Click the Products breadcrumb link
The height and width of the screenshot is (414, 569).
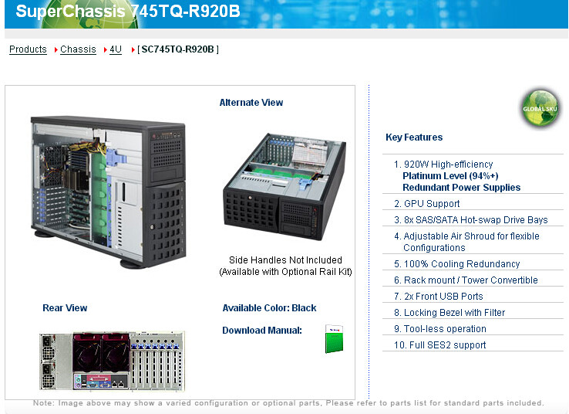[28, 49]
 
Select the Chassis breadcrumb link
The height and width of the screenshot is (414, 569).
[78, 49]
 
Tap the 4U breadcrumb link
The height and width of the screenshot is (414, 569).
[115, 49]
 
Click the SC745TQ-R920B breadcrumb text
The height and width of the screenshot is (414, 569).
[178, 49]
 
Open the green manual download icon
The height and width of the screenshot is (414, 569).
[333, 339]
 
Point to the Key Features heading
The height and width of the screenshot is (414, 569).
[414, 137]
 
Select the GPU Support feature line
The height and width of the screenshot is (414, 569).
[432, 204]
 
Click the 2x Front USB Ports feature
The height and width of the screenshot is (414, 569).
[443, 297]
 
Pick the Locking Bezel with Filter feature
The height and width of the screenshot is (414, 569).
[454, 313]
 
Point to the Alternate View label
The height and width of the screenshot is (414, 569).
[251, 103]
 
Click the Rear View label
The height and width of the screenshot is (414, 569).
[65, 308]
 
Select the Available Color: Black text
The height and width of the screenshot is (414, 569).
[269, 308]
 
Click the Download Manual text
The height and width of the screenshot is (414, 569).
[262, 331]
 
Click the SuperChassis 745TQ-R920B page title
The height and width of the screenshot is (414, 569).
[128, 12]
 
